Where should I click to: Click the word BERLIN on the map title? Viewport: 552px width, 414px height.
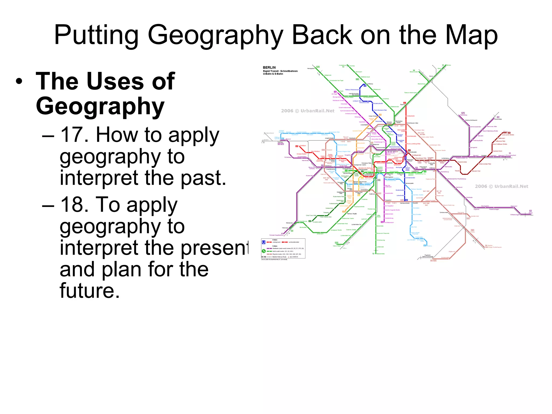click(x=269, y=68)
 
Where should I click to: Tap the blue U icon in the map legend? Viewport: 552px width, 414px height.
click(x=264, y=242)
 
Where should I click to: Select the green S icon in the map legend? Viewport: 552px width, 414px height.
click(x=264, y=251)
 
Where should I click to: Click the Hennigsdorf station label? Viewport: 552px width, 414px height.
click(x=311, y=68)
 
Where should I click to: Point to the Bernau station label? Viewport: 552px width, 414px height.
click(x=448, y=65)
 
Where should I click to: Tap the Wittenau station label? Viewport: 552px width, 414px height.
click(x=370, y=84)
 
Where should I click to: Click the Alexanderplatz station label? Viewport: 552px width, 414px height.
click(x=412, y=152)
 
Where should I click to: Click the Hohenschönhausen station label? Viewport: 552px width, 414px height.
click(x=471, y=120)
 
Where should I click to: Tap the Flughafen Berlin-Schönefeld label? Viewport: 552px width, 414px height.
click(x=427, y=256)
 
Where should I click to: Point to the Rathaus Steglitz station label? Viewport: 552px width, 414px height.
click(x=352, y=214)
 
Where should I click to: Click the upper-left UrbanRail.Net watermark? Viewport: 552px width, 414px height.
click(x=308, y=111)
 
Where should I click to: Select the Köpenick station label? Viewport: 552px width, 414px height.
click(x=477, y=209)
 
